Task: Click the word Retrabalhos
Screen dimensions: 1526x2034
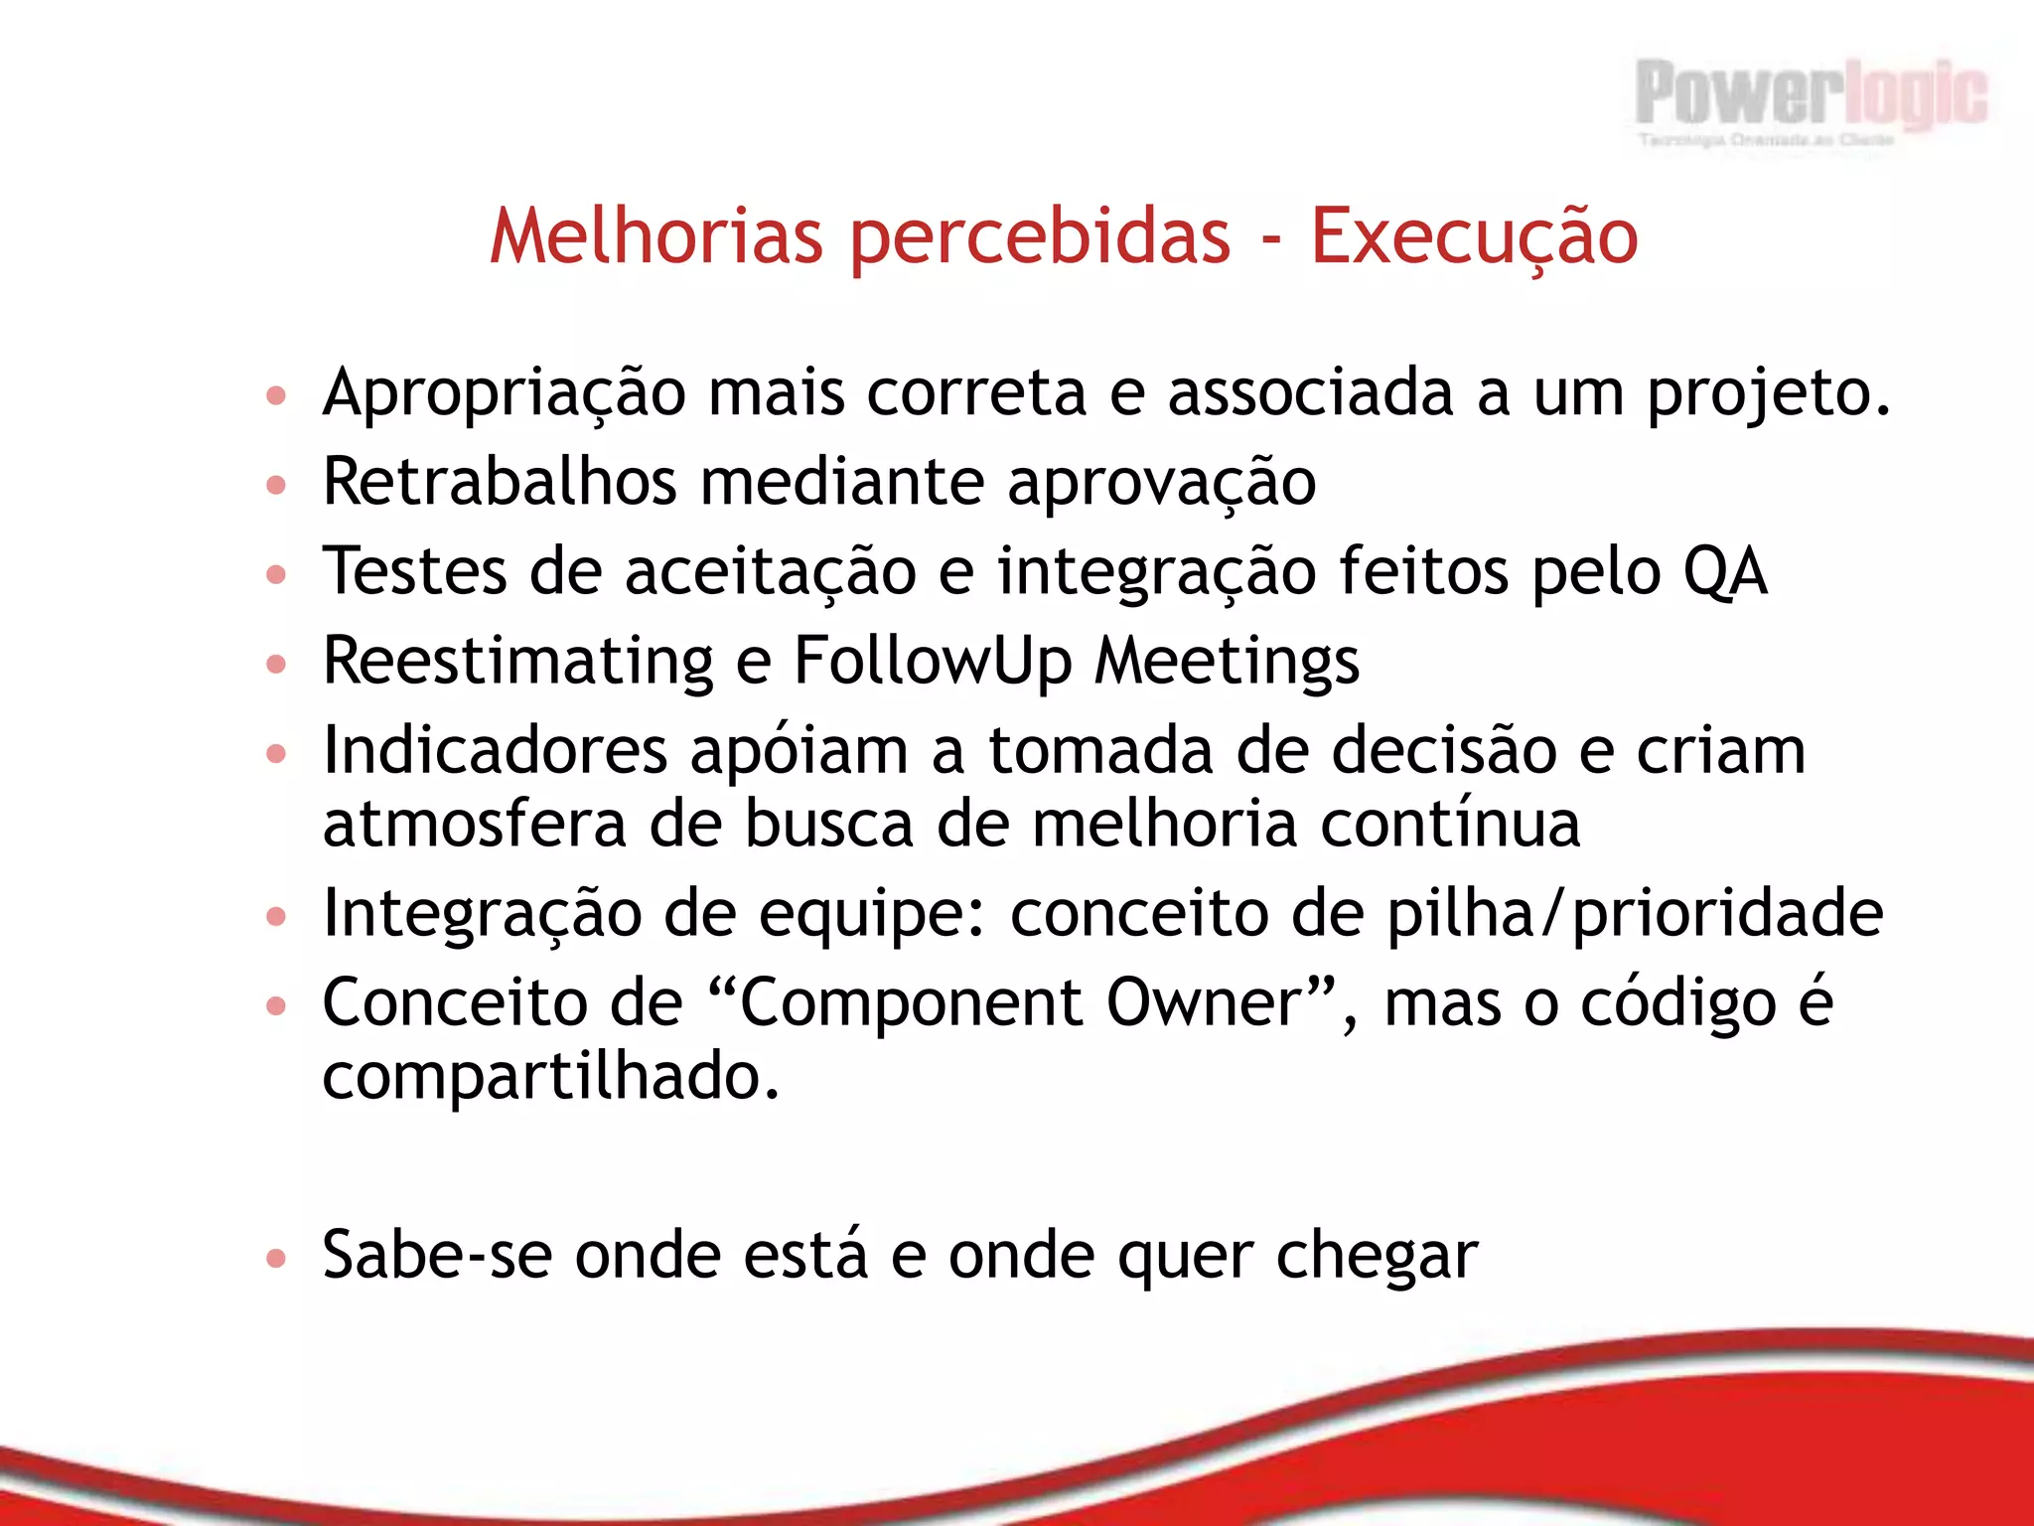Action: pos(500,483)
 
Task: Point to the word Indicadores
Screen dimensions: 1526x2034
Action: pos(495,751)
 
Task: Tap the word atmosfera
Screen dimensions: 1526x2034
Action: pos(474,825)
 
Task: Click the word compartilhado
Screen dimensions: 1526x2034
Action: pos(550,1077)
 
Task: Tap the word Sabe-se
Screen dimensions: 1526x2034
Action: pos(437,1256)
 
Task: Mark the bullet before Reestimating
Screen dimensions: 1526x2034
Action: pos(276,663)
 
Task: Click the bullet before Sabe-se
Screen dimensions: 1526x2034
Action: pos(276,1259)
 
